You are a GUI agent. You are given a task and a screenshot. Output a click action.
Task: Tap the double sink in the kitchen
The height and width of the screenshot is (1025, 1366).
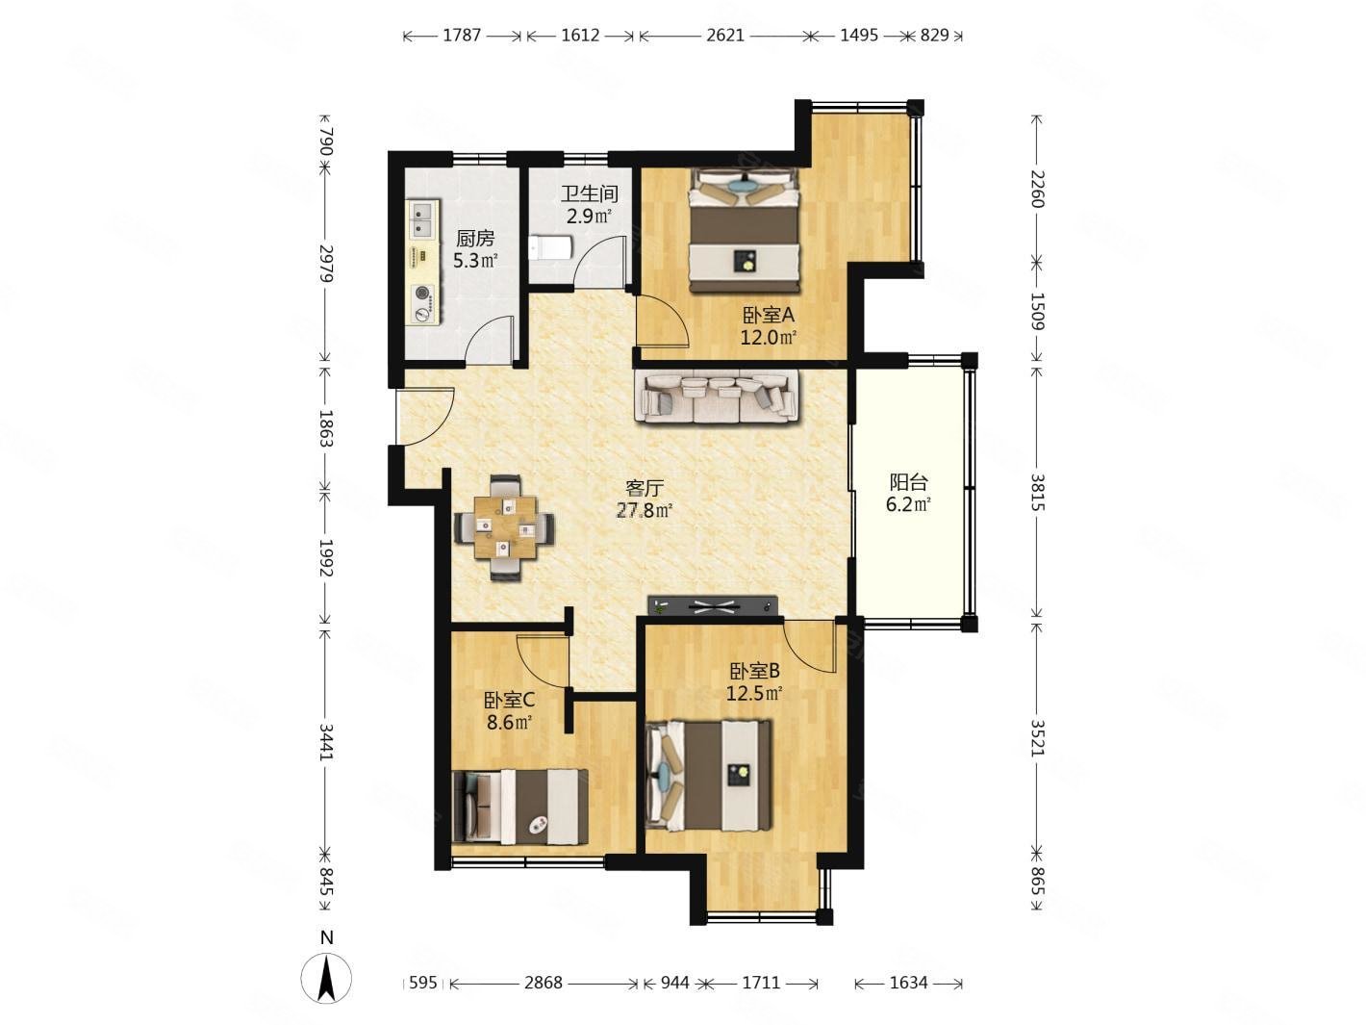(423, 219)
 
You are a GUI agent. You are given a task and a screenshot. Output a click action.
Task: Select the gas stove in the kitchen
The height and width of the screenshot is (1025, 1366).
(423, 303)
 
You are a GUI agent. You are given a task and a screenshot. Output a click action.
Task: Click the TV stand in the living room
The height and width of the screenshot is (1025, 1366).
(713, 605)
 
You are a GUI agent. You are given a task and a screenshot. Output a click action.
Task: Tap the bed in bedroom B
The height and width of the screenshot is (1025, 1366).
(708, 776)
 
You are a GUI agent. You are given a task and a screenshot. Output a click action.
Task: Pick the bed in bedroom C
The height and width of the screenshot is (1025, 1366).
(520, 806)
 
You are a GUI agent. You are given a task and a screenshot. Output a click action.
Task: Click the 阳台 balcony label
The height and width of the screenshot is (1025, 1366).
(908, 481)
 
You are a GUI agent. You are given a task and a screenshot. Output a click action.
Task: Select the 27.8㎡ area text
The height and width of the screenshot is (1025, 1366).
(645, 510)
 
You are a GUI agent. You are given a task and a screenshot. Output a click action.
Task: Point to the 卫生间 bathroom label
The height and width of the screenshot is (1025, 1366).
(589, 194)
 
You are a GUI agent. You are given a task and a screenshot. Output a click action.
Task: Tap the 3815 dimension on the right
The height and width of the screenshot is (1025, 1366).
(1036, 492)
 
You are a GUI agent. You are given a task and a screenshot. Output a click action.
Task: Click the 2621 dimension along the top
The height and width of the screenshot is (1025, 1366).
(725, 36)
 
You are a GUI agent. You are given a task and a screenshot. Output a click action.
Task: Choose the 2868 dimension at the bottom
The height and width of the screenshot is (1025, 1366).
(543, 983)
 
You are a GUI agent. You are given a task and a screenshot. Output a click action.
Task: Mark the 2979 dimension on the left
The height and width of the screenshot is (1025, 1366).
(325, 264)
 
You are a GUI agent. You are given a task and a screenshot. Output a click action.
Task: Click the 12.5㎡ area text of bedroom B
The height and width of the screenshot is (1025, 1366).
(754, 693)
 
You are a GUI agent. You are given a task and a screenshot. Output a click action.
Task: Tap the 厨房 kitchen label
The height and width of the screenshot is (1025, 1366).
(475, 238)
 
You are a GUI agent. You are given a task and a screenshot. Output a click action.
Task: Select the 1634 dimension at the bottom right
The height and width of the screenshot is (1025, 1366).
(908, 983)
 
